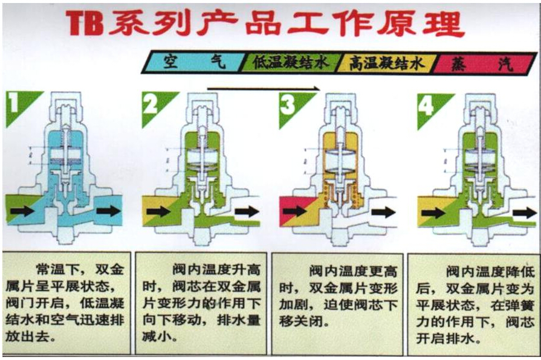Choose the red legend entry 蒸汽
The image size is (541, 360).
(484, 62)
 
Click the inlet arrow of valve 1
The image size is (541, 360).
(23, 211)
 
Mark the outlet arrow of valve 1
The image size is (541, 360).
(108, 211)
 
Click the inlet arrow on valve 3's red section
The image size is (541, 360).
(294, 211)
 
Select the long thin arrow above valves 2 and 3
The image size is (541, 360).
(263, 88)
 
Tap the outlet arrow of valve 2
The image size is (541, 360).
(248, 211)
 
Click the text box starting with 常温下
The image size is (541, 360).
(67, 302)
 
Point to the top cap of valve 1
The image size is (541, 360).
(72, 102)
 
